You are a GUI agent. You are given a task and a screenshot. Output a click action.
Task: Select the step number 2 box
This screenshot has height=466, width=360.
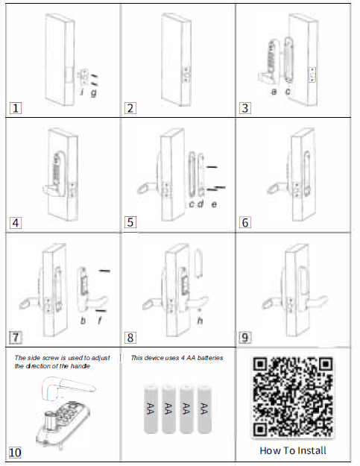point(130,107)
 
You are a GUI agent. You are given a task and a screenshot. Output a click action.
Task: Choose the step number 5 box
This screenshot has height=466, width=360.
point(130,221)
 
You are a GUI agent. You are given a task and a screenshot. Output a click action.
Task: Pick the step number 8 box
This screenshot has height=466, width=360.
point(130,337)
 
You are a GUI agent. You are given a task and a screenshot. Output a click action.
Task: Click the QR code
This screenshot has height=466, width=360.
point(292,395)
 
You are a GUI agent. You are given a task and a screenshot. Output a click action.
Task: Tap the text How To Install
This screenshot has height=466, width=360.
point(292,450)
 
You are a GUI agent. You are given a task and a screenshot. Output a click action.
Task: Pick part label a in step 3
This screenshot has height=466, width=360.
point(274,90)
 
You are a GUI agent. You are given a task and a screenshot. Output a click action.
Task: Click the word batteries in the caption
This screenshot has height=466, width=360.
point(209,358)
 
